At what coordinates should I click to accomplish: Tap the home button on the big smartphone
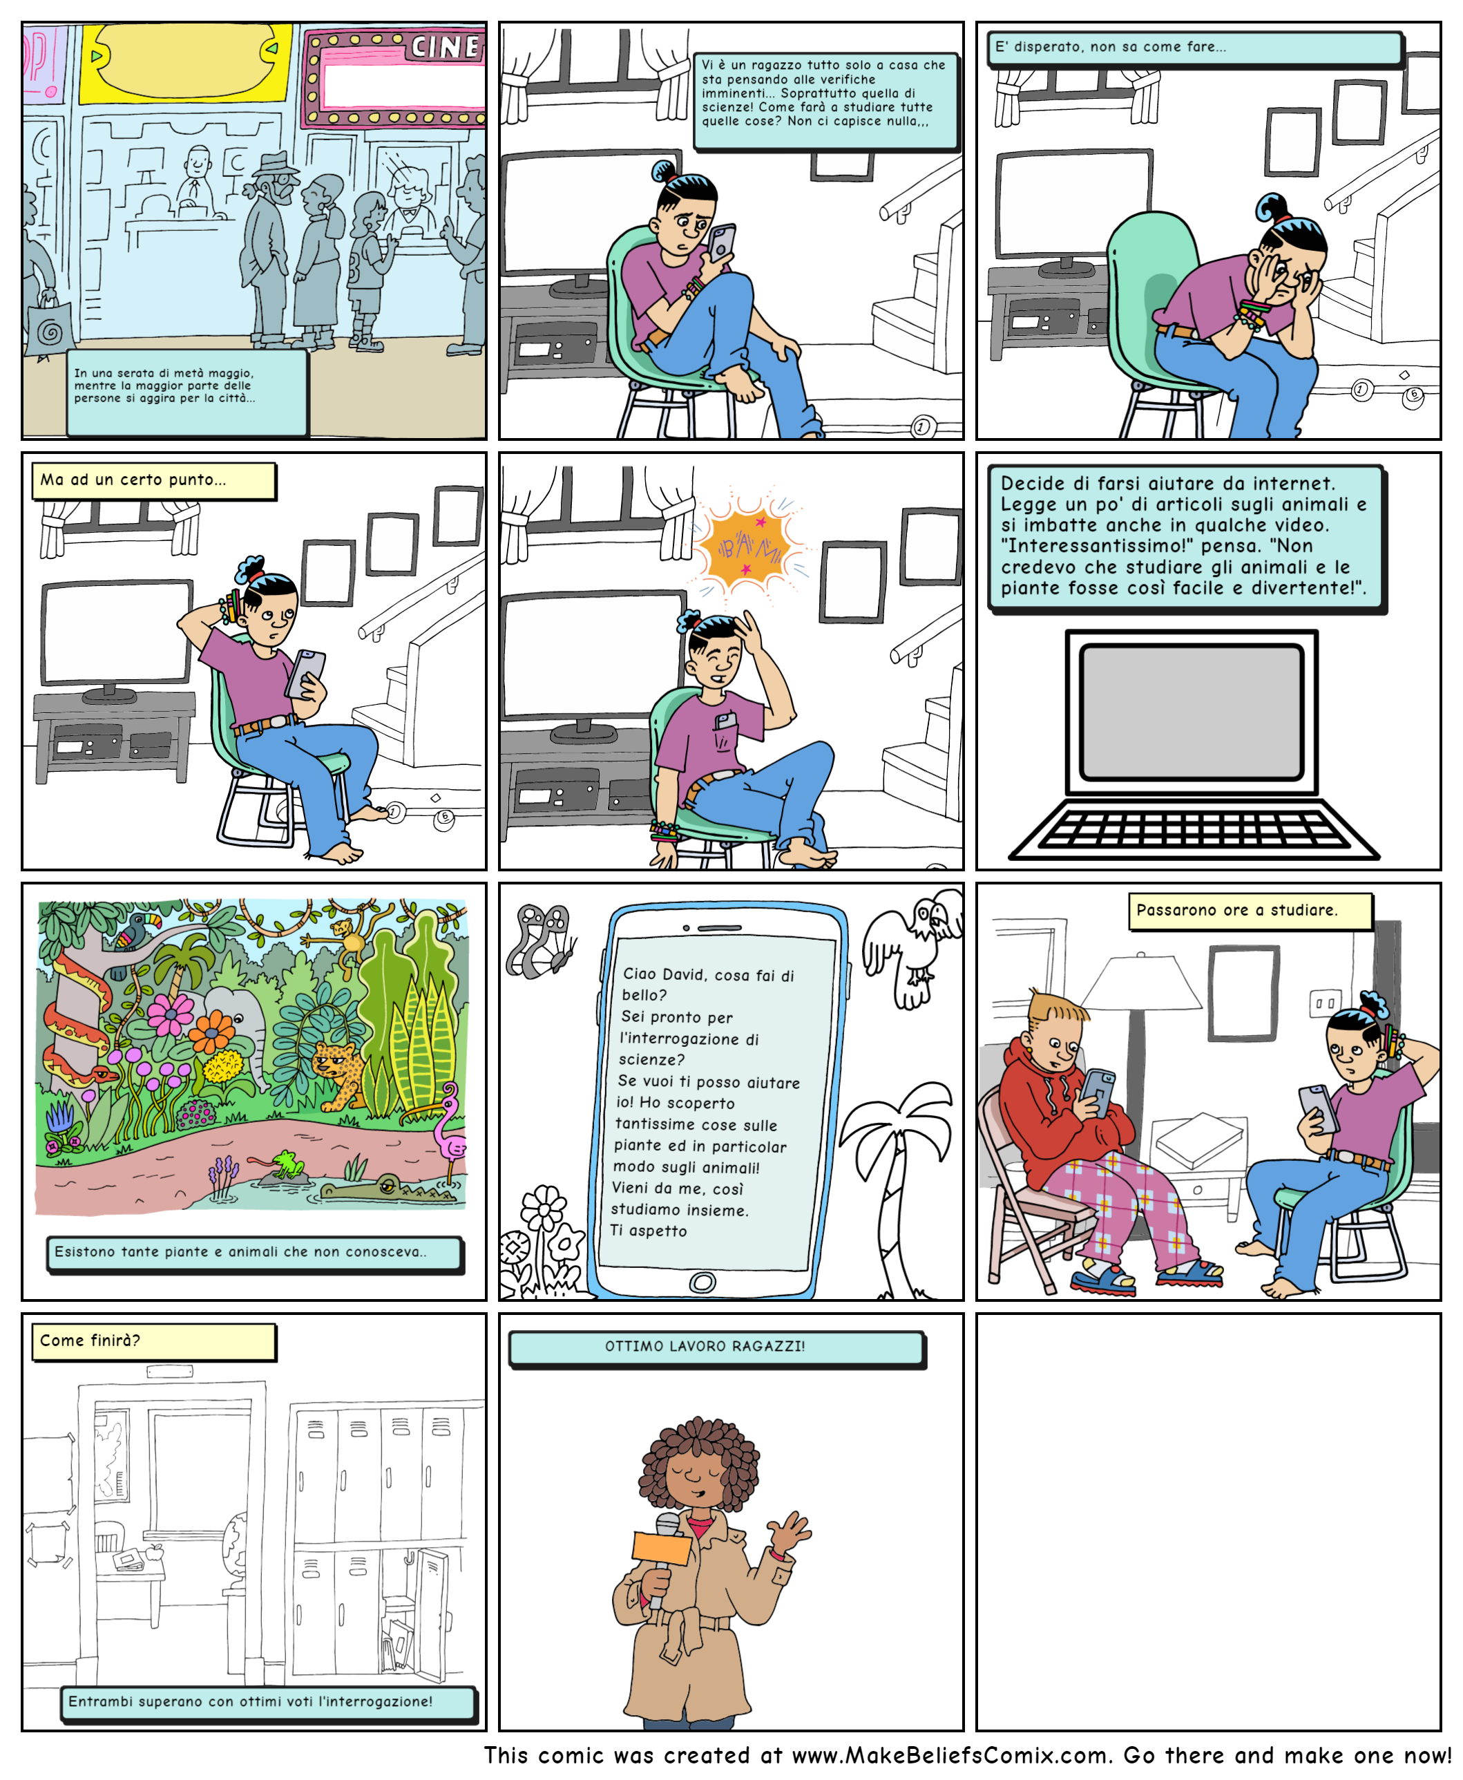pyautogui.click(x=702, y=1282)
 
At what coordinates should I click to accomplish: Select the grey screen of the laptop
pyautogui.click(x=1191, y=712)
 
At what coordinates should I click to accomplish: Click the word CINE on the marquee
pyautogui.click(x=445, y=46)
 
